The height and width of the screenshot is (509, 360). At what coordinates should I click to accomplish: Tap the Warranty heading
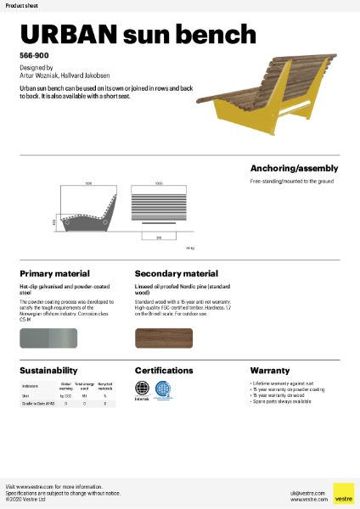(270, 371)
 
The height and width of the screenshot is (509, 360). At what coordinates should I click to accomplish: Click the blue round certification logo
(166, 389)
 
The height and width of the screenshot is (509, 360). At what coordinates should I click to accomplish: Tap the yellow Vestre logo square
(343, 493)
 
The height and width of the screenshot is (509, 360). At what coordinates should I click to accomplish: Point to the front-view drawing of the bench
(159, 207)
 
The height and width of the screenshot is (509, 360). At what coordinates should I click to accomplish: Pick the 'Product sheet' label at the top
(20, 5)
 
